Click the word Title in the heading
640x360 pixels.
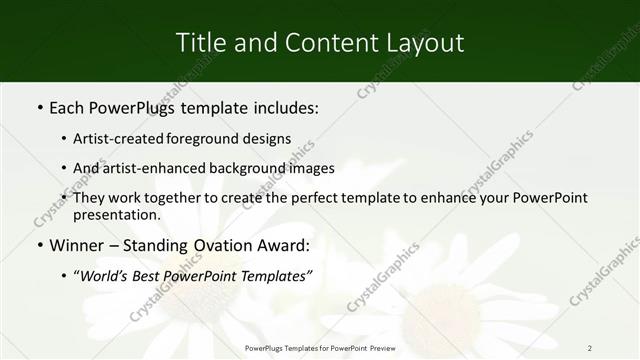[199, 42]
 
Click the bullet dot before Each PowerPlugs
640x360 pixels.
[39, 107]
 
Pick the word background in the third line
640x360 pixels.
[252, 168]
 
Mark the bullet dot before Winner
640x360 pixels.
[39, 245]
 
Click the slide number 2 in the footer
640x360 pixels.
[589, 347]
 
